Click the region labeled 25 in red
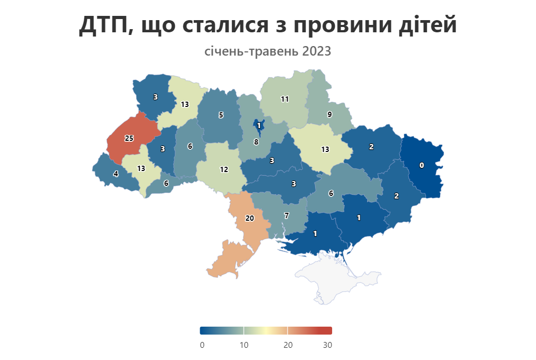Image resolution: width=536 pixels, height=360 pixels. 129,139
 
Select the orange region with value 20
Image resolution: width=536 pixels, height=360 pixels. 249,218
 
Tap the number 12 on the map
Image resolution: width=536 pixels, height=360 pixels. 224,170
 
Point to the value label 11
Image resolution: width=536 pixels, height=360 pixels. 284,99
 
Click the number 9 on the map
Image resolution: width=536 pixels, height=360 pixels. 329,114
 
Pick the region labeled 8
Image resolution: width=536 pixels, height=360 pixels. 256,142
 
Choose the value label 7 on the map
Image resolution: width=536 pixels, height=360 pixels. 287,216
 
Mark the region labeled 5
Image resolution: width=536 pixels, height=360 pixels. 221,115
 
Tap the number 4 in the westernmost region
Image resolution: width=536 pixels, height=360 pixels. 115,174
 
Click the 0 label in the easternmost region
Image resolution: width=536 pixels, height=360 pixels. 422,166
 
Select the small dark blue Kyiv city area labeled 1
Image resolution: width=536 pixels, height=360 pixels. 258,126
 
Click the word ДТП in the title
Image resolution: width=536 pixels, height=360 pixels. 103,25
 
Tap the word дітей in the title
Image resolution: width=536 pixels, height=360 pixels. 426,25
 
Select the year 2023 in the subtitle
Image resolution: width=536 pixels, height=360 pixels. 317,52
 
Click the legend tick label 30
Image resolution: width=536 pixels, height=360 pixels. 327,345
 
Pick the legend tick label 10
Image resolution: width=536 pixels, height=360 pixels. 244,345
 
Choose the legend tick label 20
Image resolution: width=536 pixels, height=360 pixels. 288,345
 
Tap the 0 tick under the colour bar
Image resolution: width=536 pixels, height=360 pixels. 202,345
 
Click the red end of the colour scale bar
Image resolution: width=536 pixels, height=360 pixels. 327,331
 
